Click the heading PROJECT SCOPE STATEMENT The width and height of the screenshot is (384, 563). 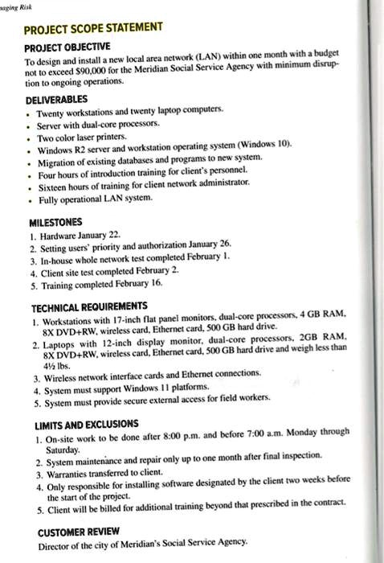[x=92, y=29]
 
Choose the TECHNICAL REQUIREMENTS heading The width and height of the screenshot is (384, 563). [x=88, y=308]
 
